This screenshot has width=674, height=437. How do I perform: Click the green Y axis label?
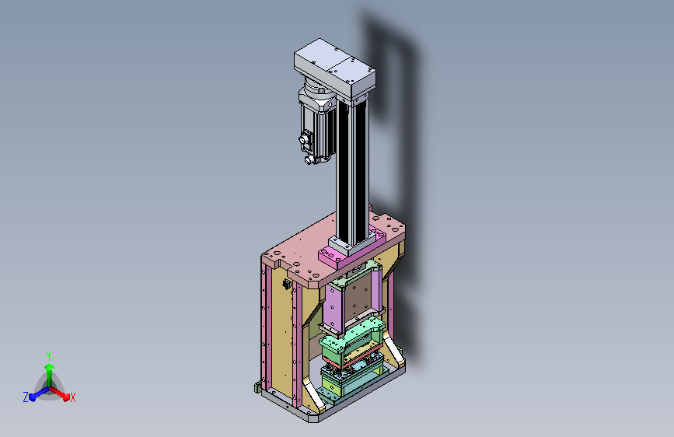click(49, 355)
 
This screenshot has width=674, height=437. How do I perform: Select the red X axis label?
click(72, 397)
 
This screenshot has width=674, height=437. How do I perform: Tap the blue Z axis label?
click(26, 397)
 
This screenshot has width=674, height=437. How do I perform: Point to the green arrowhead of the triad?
click(50, 368)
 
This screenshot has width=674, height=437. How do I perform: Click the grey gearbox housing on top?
click(334, 69)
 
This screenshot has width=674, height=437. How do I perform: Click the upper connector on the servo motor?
click(305, 139)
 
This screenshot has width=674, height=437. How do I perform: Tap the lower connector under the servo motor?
click(309, 160)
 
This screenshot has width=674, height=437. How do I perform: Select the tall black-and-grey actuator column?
click(351, 172)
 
